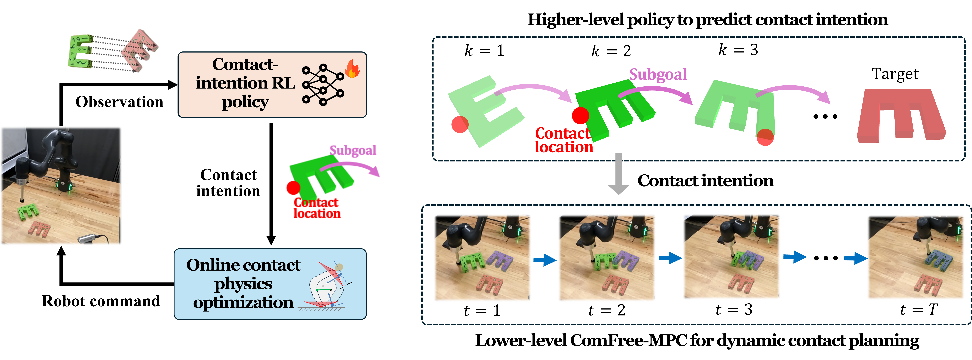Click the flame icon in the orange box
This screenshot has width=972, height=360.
[352, 69]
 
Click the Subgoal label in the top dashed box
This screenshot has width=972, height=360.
[658, 74]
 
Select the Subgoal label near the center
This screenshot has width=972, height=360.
[353, 150]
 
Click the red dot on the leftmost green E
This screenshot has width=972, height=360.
[460, 125]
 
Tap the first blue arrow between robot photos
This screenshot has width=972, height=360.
[544, 260]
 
